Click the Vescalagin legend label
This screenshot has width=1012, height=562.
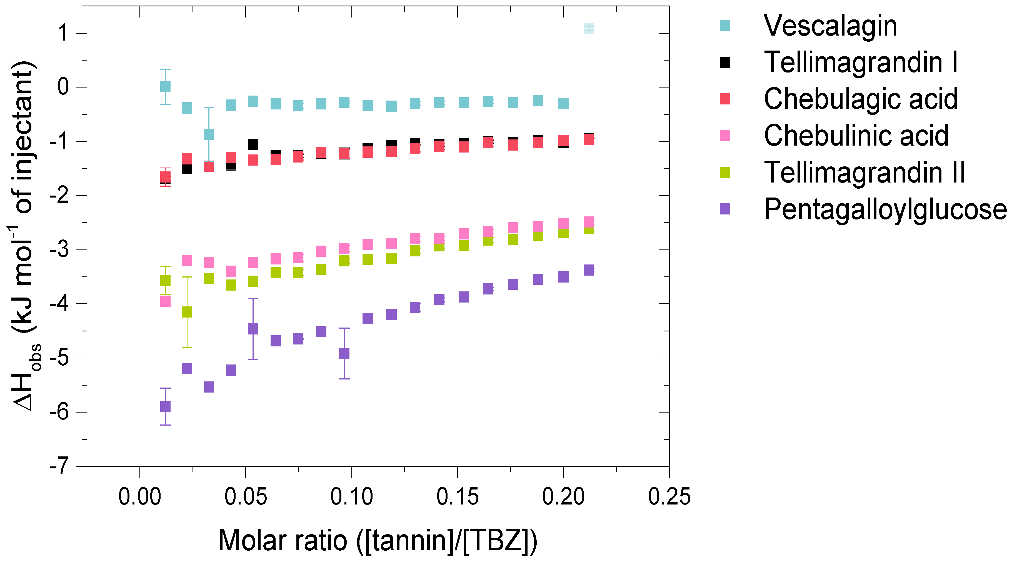[830, 26]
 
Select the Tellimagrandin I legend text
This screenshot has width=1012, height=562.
[860, 63]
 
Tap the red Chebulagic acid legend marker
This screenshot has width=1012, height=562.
[725, 99]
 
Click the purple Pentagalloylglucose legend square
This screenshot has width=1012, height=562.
[725, 209]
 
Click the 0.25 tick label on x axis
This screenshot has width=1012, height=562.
[669, 496]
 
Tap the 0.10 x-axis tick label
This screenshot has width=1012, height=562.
[351, 496]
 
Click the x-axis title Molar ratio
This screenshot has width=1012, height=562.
[377, 540]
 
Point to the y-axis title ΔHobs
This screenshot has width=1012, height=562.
[26, 236]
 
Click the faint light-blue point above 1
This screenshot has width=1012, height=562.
[588, 28]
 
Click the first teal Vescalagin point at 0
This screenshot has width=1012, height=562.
[165, 86]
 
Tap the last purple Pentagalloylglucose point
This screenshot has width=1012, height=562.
[588, 270]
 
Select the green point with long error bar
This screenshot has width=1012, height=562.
[187, 312]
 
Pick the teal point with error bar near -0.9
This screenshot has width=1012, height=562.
[209, 134]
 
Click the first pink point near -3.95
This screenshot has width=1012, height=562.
[165, 301]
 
